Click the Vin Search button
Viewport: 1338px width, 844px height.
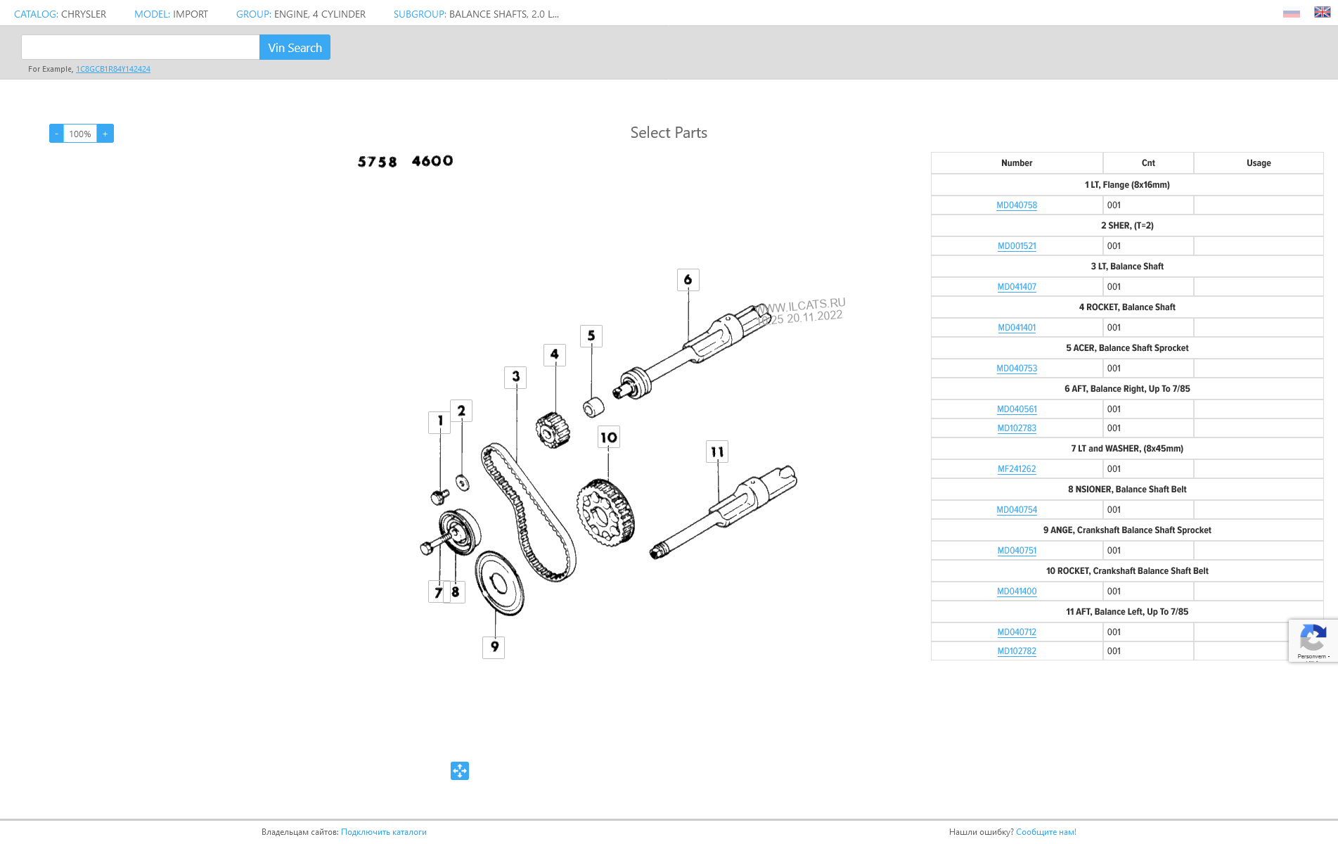point(295,47)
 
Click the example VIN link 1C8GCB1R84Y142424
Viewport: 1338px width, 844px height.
point(113,69)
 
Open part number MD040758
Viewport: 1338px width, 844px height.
point(1017,205)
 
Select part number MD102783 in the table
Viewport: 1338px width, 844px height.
point(1017,428)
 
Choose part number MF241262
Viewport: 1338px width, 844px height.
point(1017,469)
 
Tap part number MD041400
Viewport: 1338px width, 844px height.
point(1017,592)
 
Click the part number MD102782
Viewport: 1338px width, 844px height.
point(1017,651)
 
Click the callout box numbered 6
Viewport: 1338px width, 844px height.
point(688,280)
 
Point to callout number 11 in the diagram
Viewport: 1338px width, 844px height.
point(717,452)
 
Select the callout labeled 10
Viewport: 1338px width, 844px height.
point(609,437)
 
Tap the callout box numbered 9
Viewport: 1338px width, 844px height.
point(494,647)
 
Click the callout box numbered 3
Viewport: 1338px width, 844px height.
point(515,377)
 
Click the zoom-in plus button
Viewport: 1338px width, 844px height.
point(105,134)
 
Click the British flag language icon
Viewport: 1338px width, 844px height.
point(1322,12)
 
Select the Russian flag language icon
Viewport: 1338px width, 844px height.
point(1292,13)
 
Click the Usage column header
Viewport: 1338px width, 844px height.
point(1259,163)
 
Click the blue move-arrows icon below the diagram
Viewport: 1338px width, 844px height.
point(460,771)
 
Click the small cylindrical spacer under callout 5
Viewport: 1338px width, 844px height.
point(593,407)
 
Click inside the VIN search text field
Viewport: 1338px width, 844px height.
point(141,47)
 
